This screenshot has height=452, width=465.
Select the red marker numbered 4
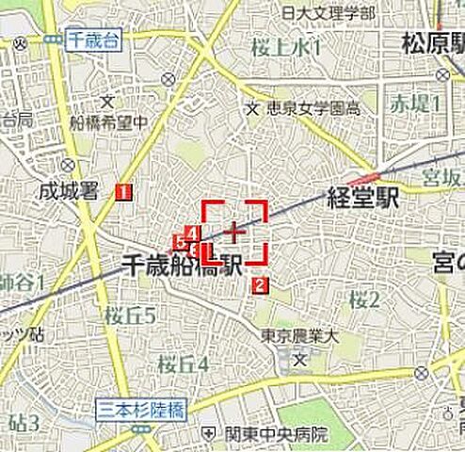[192, 233]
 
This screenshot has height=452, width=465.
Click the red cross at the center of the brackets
[234, 229]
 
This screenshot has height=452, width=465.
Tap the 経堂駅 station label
[363, 198]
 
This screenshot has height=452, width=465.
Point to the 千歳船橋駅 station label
[184, 267]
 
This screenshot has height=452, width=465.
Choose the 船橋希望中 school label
[114, 121]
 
